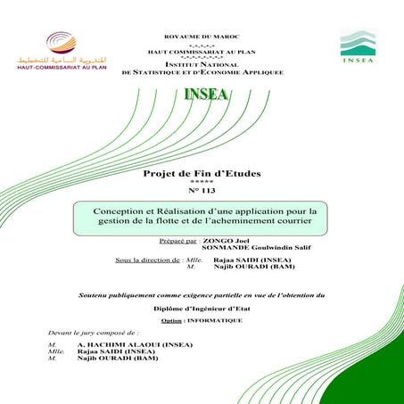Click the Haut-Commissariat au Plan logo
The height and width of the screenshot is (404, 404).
pyautogui.click(x=59, y=50)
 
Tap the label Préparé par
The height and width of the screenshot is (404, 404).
pyautogui.click(x=177, y=241)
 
